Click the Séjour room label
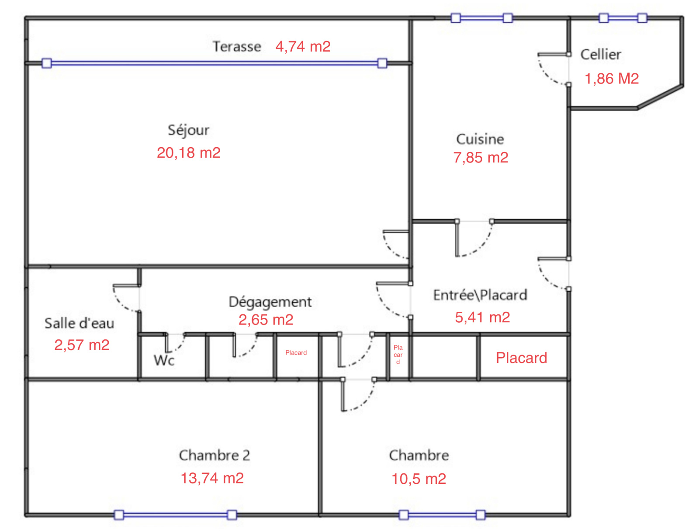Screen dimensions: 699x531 (x=188, y=131)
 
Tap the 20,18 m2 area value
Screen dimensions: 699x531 (x=189, y=153)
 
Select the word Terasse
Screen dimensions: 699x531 (x=237, y=46)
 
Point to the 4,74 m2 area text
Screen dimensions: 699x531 (x=303, y=46)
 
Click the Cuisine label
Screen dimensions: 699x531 (x=480, y=139)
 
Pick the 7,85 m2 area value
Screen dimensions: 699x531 (x=481, y=158)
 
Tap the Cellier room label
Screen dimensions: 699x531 (x=601, y=55)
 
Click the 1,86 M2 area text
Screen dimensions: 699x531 (x=612, y=79)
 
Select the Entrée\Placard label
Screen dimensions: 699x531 (x=480, y=295)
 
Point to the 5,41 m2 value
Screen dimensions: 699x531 (x=482, y=317)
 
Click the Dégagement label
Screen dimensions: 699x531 (x=270, y=302)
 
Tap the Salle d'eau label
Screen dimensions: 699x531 (x=80, y=323)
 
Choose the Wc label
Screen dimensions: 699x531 (x=164, y=360)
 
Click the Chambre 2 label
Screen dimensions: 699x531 (x=215, y=455)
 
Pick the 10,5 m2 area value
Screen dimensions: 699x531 (x=419, y=479)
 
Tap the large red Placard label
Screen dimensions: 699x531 (x=521, y=358)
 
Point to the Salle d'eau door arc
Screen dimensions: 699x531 (x=121, y=303)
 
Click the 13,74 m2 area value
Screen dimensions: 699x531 (x=212, y=478)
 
